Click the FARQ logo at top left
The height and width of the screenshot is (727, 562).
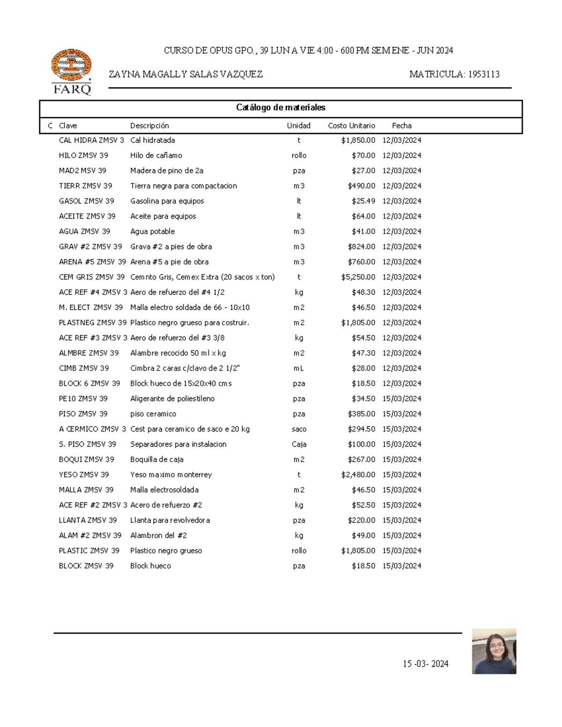coord(71,72)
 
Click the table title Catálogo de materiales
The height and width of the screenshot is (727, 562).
coord(281,108)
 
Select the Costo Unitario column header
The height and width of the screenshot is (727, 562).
coord(351,125)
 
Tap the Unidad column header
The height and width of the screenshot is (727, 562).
coord(298,125)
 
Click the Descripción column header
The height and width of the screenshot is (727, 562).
coord(149,125)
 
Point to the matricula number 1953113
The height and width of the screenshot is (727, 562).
coord(482,74)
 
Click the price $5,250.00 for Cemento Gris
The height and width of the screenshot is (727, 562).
coord(358,277)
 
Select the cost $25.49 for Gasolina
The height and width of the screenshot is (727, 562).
coord(363,201)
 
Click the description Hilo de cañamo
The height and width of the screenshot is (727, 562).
coord(156,155)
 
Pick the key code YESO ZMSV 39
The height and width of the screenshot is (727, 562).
coord(84,475)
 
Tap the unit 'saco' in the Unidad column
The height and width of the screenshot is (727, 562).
coord(299,429)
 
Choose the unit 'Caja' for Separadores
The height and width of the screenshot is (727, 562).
coord(299,444)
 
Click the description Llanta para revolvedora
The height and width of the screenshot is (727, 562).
coord(170,520)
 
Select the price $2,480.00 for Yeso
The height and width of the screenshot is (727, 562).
coord(358,475)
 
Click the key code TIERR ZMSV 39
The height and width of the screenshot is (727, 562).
coord(85,186)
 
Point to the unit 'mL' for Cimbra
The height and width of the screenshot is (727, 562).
coord(299,368)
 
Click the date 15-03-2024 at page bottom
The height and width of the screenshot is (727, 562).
coord(425,664)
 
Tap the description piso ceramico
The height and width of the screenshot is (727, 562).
coord(153,414)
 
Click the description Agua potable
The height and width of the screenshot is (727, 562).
coord(152,231)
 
